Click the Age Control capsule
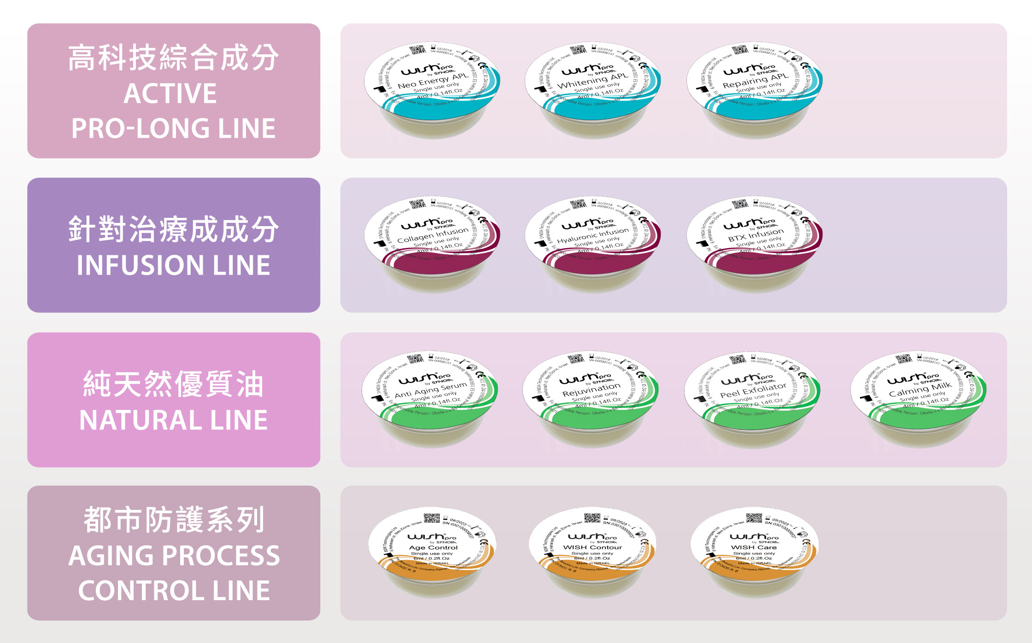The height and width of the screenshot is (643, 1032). (x=432, y=550)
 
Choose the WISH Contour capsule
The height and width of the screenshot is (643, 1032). (x=592, y=550)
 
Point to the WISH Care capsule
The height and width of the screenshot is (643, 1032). (x=754, y=550)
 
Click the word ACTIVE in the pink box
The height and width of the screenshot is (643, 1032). (x=170, y=94)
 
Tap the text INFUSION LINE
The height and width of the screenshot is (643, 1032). (x=173, y=265)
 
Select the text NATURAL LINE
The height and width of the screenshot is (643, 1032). (x=173, y=420)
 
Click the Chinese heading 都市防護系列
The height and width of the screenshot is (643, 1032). (x=174, y=520)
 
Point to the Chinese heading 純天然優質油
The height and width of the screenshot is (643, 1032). (x=173, y=384)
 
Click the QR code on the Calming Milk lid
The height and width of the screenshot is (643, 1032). (x=903, y=358)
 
